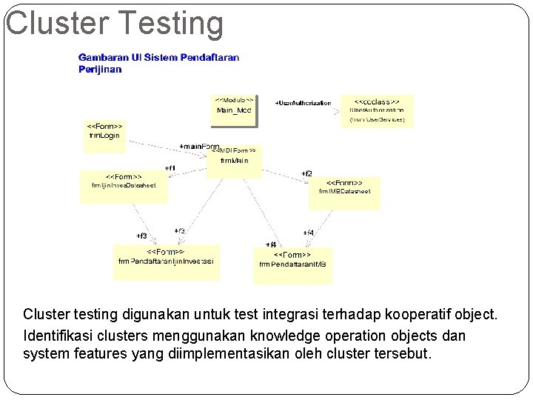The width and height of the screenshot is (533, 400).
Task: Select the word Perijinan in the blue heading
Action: point(100,70)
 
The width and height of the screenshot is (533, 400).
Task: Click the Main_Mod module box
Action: point(234,109)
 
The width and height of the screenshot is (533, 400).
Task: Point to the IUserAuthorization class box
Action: point(377,110)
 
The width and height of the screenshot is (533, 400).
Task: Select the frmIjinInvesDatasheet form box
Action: point(124,186)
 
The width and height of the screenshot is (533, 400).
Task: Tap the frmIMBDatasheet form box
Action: point(344,191)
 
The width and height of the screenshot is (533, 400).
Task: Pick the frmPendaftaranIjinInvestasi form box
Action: point(167,261)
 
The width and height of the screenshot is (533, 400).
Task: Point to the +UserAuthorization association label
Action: point(303,103)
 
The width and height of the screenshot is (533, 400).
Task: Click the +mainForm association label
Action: point(199,147)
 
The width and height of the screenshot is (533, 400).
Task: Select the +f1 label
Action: point(170,168)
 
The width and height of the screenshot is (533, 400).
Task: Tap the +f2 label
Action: point(306,173)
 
